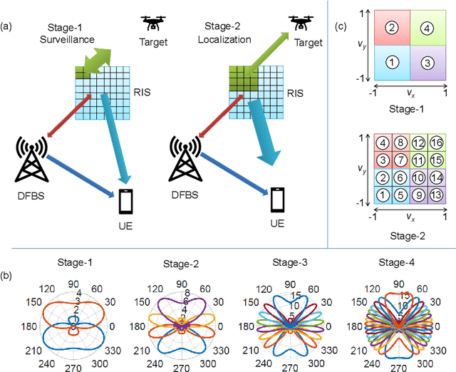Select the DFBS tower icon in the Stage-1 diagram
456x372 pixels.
pos(31,160)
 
